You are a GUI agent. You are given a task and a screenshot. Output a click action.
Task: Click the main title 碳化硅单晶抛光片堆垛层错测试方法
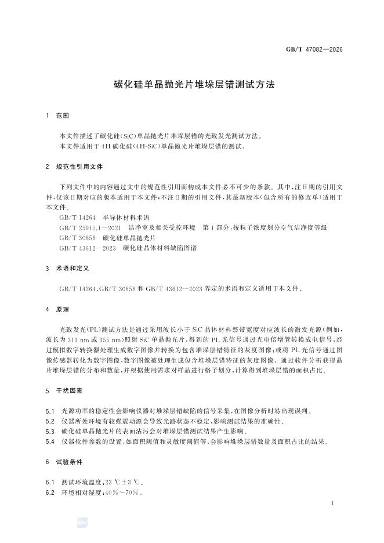[x=192, y=84]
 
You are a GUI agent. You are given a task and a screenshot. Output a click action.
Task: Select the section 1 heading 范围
[x=63, y=116]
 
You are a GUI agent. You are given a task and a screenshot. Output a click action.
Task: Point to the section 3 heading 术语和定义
[x=73, y=269]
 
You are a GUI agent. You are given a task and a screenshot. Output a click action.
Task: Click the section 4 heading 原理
[x=63, y=309]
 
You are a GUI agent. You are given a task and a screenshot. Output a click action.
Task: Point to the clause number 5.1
[x=50, y=411]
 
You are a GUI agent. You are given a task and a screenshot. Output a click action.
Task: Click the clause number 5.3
[x=50, y=431]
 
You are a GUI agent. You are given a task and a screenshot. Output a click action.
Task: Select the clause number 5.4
[x=50, y=441]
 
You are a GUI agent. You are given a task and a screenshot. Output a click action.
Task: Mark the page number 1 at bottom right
[x=332, y=502]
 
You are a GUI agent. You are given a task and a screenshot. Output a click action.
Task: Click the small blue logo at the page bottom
[x=81, y=524]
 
